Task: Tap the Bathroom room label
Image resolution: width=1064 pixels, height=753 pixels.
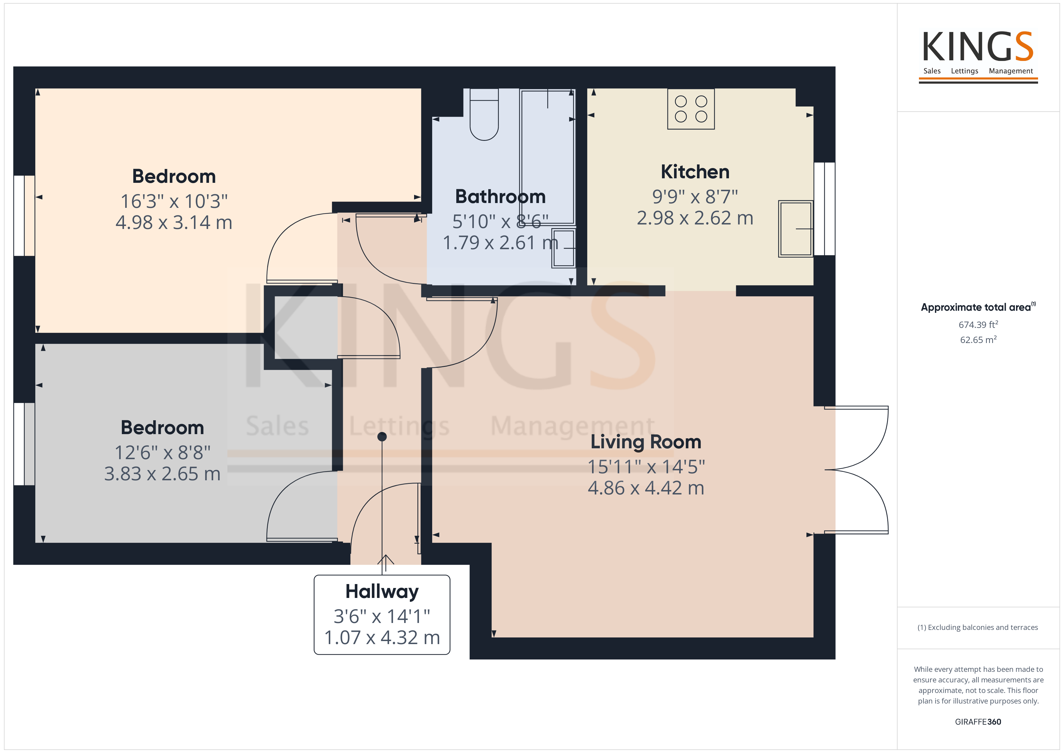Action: pyautogui.click(x=501, y=197)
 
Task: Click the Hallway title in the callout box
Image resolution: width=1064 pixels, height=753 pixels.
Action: pyautogui.click(x=382, y=592)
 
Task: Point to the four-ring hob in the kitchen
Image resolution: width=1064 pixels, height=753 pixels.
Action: pyautogui.click(x=691, y=109)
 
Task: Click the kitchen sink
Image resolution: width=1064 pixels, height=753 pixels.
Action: pyautogui.click(x=796, y=229)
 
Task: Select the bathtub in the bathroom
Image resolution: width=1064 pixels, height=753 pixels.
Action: pyautogui.click(x=547, y=157)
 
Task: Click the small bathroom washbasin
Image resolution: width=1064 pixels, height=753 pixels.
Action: pyautogui.click(x=563, y=248)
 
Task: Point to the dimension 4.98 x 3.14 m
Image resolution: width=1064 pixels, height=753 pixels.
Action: pyautogui.click(x=174, y=223)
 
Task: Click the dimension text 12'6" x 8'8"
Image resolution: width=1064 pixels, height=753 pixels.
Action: pyautogui.click(x=162, y=453)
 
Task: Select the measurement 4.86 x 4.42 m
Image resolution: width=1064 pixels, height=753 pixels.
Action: pyautogui.click(x=646, y=488)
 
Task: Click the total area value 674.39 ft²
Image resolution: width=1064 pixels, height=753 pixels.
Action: pyautogui.click(x=978, y=325)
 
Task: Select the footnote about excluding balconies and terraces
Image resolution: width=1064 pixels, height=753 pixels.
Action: pyautogui.click(x=978, y=627)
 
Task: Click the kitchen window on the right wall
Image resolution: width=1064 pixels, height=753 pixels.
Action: pyautogui.click(x=825, y=209)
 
